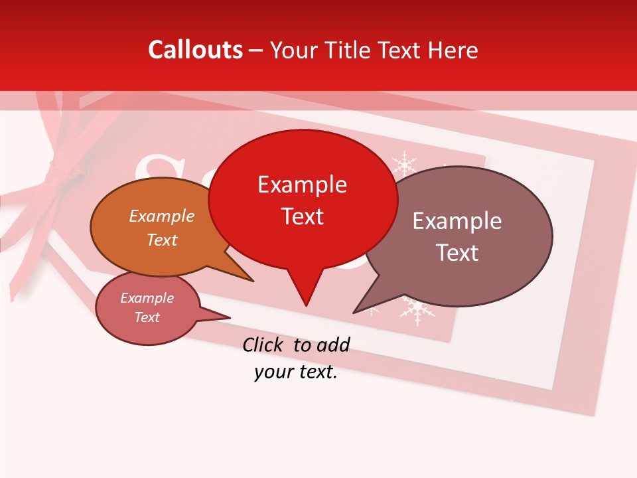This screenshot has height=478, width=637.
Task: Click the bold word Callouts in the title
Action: [195, 50]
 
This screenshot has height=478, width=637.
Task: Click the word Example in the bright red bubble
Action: [302, 185]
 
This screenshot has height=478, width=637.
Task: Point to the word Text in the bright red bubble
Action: [302, 216]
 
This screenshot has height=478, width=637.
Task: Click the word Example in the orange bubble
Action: [161, 216]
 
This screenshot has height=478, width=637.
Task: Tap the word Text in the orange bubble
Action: [161, 240]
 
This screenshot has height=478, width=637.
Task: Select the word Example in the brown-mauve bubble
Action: [457, 221]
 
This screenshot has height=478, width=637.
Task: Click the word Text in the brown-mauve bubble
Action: [457, 253]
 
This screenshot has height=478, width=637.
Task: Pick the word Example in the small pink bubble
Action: [147, 298]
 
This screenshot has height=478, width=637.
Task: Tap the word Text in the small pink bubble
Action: [147, 317]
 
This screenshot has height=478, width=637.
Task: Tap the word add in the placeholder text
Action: [332, 345]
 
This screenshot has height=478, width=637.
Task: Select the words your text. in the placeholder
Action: [296, 372]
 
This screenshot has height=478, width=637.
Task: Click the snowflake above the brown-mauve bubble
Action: [403, 163]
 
